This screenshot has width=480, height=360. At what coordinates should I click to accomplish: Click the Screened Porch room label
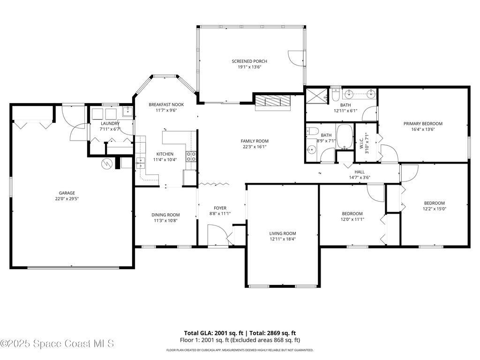(x=249, y=61)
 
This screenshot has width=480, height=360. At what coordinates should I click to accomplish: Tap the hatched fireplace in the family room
(x=272, y=101)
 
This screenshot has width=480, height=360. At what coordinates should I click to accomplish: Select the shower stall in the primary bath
(x=317, y=96)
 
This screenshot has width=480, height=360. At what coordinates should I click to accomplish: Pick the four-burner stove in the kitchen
(x=191, y=157)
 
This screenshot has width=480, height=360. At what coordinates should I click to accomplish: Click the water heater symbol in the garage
(x=107, y=164)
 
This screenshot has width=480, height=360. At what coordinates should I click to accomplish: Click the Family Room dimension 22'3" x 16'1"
(x=254, y=147)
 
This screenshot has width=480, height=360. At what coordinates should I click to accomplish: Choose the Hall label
(x=360, y=172)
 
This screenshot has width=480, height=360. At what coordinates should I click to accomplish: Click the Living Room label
(x=282, y=233)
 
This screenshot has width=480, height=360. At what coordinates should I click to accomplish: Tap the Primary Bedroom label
(x=423, y=124)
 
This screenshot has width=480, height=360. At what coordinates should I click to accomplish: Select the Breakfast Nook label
(x=166, y=105)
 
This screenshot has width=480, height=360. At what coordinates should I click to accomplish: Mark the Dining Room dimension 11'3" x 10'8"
(x=165, y=220)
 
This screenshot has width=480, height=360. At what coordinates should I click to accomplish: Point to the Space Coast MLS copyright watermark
(x=57, y=344)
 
